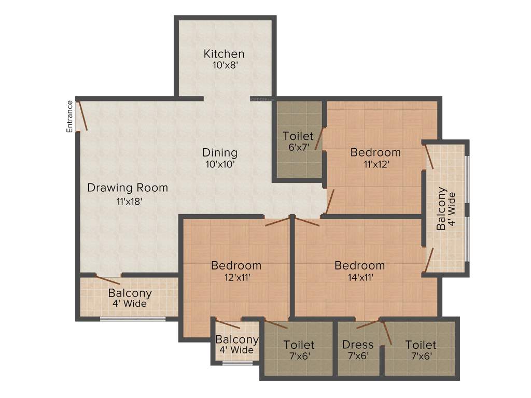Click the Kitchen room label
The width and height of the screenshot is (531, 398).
[223, 54]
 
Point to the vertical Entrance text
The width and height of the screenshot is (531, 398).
[70, 117]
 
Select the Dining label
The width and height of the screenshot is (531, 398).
[220, 153]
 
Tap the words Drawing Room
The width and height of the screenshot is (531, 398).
[128, 188]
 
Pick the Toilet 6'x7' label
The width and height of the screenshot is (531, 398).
[298, 136]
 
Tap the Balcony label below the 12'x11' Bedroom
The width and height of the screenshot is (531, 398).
[237, 340]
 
